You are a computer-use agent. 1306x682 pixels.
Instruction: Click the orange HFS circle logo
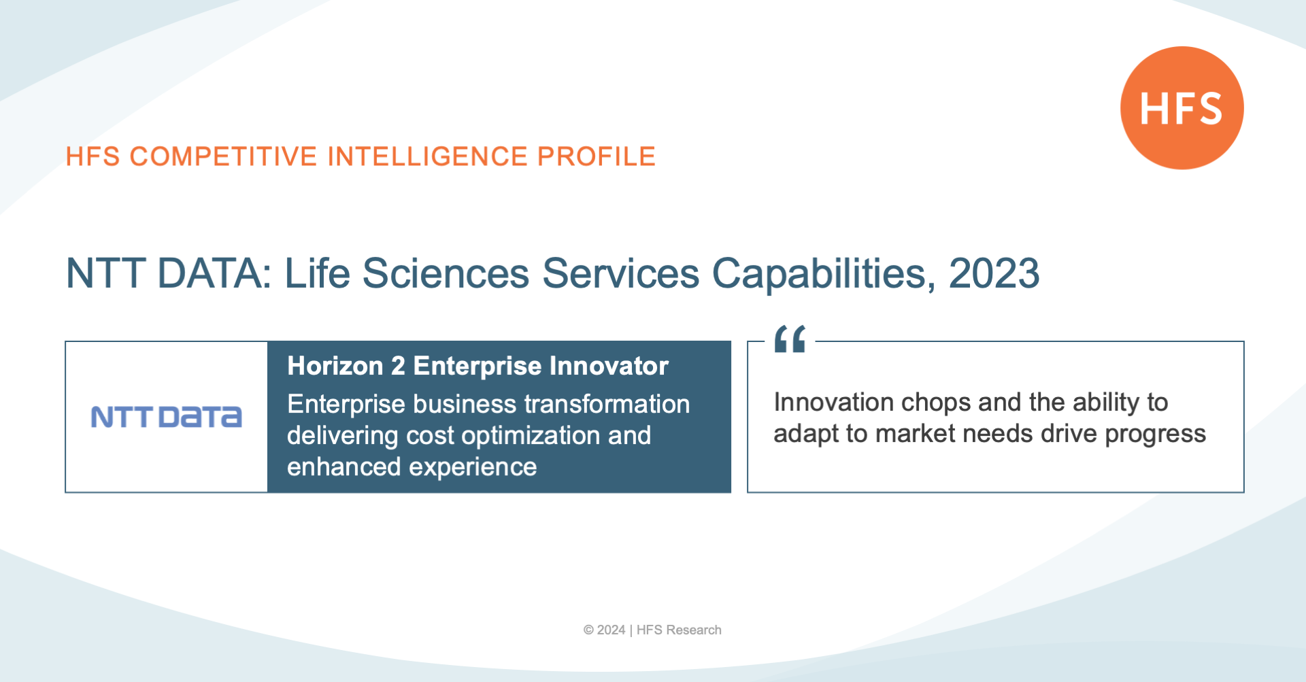1182,108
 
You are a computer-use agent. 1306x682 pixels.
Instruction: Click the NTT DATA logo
167,417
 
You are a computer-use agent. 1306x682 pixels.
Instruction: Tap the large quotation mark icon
790,339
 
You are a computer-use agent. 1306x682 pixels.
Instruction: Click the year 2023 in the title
994,273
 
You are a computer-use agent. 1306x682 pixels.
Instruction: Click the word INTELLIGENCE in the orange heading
428,156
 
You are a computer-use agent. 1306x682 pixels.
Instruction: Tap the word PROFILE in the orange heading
597,156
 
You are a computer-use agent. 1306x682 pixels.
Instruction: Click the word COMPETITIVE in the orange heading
224,156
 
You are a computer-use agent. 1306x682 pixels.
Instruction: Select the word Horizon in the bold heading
335,366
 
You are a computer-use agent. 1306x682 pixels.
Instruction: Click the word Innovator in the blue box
609,366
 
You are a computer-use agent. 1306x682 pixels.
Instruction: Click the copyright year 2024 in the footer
611,630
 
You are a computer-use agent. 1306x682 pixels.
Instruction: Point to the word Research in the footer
694,630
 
